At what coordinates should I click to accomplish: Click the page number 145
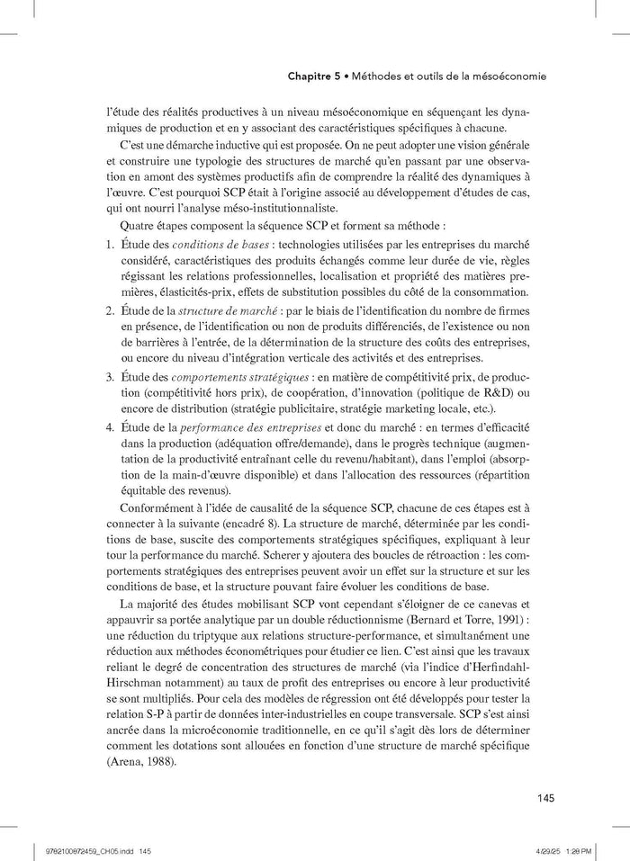click(x=544, y=796)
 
